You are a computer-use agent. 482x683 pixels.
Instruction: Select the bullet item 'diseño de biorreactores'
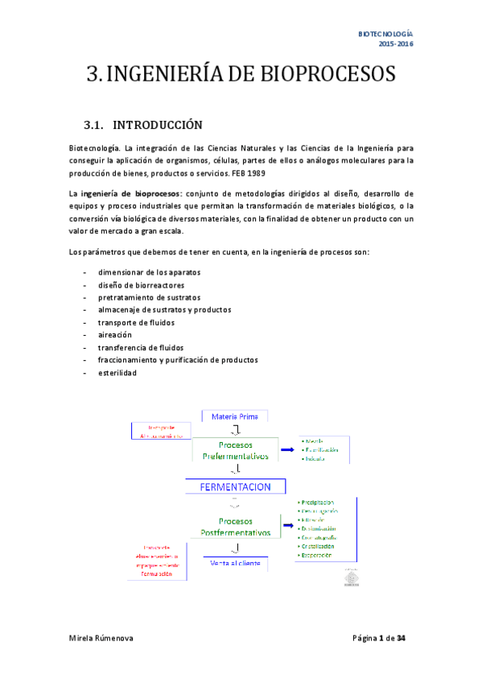(141, 285)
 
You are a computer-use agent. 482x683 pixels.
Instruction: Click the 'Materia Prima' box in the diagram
(235, 416)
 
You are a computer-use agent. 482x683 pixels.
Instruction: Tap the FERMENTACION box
(235, 486)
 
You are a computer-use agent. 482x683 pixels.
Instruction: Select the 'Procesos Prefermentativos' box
(235, 450)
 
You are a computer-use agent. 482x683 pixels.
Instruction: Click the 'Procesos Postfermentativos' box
(235, 527)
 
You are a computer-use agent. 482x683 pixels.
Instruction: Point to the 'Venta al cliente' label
(235, 565)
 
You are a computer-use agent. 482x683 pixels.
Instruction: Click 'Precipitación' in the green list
(317, 502)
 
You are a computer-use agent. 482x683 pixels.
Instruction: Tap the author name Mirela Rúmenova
(101, 638)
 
